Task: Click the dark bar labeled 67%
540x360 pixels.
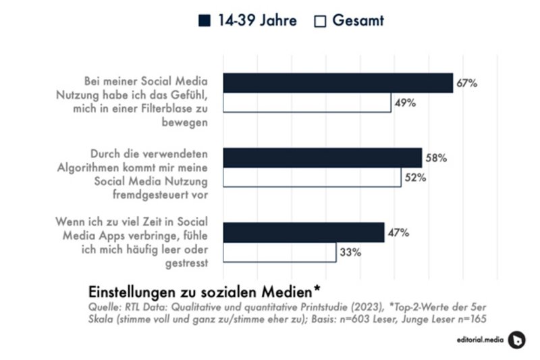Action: pyautogui.click(x=337, y=82)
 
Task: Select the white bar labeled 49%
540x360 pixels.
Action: pyautogui.click(x=307, y=103)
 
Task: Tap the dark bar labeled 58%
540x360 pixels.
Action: pyautogui.click(x=322, y=158)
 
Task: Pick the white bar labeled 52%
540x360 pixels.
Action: pyautogui.click(x=312, y=178)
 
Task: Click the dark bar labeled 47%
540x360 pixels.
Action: pyautogui.click(x=303, y=232)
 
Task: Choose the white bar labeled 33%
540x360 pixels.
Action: pyautogui.click(x=279, y=253)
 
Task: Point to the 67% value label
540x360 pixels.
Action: pyautogui.click(x=467, y=83)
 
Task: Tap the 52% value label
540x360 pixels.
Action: pyautogui.click(x=415, y=178)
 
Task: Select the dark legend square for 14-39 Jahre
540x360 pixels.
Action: pyautogui.click(x=205, y=21)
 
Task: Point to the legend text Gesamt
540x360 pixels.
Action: pyautogui.click(x=358, y=21)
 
